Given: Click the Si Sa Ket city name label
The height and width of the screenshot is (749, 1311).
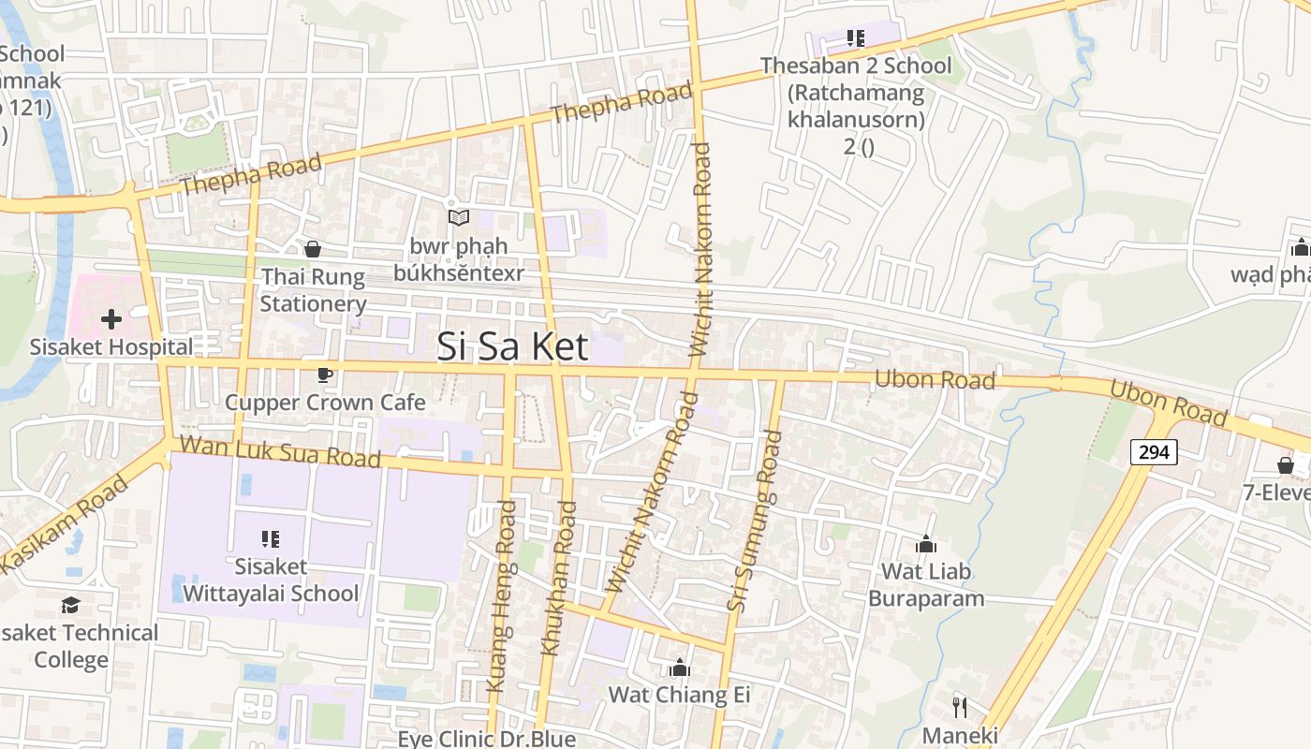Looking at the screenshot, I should [513, 347].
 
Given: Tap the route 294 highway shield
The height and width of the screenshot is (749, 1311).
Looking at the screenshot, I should [1154, 452].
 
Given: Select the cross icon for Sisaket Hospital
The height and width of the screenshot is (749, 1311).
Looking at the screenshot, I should [111, 319].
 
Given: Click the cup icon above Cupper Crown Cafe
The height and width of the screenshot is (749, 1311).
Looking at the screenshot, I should [325, 375].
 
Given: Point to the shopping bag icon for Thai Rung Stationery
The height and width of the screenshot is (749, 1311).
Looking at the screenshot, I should [313, 249].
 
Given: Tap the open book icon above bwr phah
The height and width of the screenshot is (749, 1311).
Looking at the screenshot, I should [458, 218].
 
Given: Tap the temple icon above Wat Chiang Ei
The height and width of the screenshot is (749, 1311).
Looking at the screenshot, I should [680, 668].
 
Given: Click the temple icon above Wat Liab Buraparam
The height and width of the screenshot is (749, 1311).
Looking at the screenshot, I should [926, 544].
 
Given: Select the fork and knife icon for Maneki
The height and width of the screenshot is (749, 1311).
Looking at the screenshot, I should [960, 707].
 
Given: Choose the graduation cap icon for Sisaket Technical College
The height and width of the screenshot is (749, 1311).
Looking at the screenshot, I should [71, 606].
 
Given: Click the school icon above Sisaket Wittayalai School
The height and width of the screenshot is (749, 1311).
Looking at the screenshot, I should [271, 539].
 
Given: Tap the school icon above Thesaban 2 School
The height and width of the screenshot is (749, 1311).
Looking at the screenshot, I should [855, 38].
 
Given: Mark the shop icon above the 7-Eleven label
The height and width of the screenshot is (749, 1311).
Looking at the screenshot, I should [1286, 465].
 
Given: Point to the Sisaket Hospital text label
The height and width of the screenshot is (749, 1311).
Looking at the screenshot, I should [111, 346].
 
